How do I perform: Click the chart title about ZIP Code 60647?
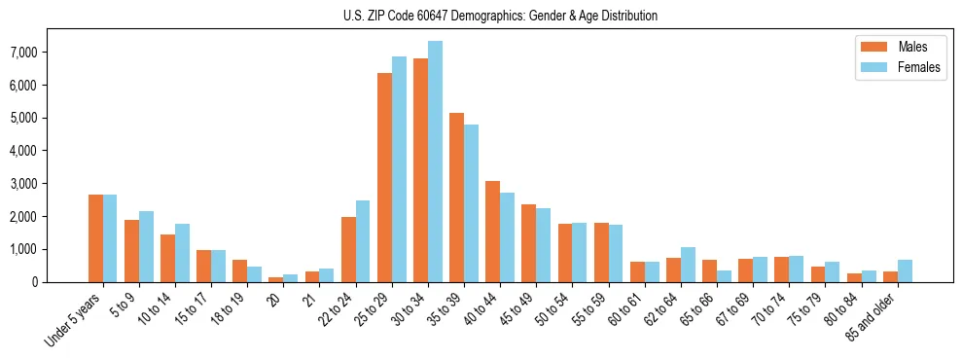coord(500,16)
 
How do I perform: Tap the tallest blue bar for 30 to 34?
coord(435,162)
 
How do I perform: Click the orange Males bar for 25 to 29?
coord(384,177)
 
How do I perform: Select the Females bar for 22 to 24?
coord(363,241)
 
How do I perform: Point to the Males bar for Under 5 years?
coord(95,238)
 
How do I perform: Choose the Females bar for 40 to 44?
coord(507,237)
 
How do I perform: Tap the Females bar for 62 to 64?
coord(688,265)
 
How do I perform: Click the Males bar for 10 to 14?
coord(167,258)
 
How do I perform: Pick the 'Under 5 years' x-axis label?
coord(74,318)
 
